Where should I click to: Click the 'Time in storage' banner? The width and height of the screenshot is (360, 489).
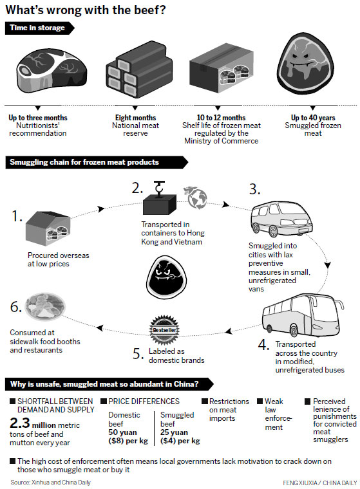coord(39,28)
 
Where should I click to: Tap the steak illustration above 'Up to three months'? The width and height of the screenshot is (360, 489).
coord(52,71)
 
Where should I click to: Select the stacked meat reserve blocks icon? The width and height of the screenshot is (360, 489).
coord(139,69)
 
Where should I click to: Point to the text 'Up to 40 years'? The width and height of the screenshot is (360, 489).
coord(313,118)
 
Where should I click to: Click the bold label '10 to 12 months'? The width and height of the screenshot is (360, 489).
coord(221,118)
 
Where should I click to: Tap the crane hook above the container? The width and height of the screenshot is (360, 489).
coord(159,188)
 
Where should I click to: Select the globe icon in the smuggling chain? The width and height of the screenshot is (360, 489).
coord(197,198)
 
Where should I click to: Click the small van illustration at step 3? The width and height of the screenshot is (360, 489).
coord(281,219)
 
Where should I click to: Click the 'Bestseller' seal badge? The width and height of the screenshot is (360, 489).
coord(165,329)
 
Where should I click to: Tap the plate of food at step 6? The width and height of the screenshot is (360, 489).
coord(45,306)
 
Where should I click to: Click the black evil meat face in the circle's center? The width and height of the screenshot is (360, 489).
coord(166,277)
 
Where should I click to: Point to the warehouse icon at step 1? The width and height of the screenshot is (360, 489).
coord(48,228)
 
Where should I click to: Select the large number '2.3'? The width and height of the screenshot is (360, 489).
coord(20,423)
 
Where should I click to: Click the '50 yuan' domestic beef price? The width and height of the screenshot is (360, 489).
coord(122,432)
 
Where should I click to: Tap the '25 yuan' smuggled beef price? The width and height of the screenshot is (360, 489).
coord(174,432)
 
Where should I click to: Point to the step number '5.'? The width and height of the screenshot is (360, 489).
coord(138,354)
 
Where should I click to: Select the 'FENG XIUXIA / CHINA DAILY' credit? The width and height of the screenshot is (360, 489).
coord(319,483)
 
